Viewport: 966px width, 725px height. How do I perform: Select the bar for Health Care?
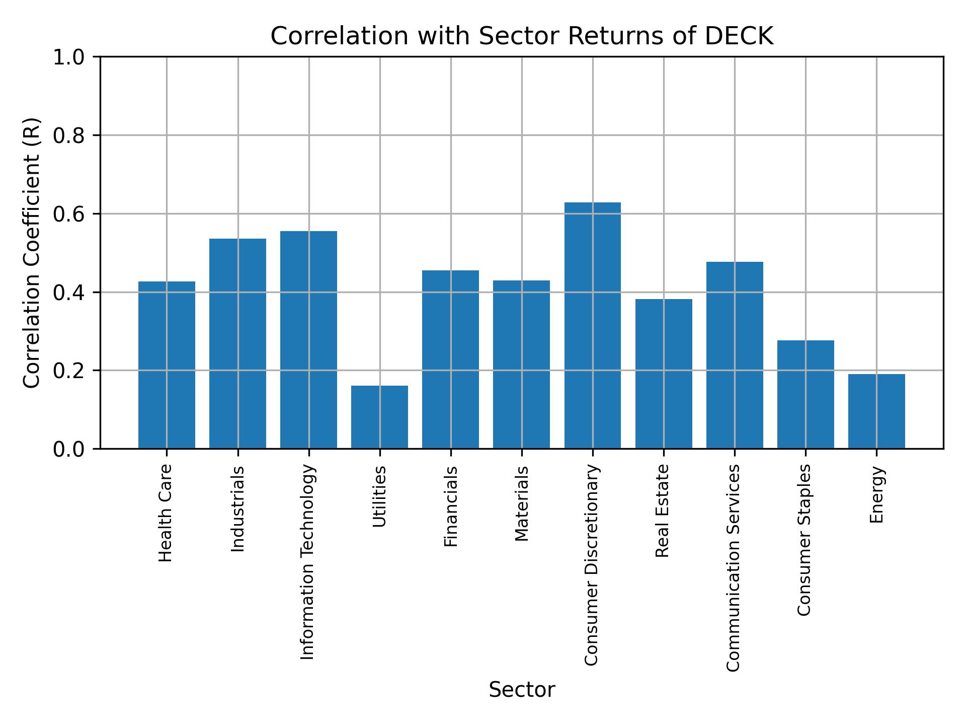167,365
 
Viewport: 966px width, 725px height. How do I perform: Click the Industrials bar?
237,343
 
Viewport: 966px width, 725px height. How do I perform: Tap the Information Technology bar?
308,340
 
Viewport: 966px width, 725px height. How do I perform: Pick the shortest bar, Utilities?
379,417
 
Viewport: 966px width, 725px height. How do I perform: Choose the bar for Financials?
450,359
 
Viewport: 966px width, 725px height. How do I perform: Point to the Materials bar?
521,365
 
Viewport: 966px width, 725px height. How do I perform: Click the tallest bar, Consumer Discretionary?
592,325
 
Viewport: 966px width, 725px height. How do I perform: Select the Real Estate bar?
664,374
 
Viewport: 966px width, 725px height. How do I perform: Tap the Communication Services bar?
735,355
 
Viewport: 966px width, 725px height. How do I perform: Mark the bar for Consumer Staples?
806,394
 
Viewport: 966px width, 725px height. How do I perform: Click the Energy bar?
876,411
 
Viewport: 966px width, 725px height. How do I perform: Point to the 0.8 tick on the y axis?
70,135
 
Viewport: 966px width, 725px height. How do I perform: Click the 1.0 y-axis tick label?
70,57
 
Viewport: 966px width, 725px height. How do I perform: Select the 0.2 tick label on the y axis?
70,371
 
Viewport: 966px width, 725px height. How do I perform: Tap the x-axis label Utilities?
380,496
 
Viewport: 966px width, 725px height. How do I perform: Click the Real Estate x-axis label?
663,511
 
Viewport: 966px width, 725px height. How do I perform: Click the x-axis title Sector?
522,690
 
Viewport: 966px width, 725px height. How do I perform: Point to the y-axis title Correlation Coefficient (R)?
32,253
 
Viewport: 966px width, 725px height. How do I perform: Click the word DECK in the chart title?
739,37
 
